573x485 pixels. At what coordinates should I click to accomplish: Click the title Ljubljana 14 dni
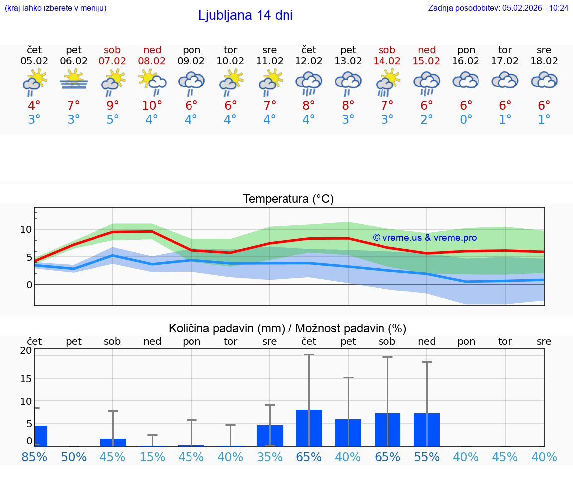(245, 15)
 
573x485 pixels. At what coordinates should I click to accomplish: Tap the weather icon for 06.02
(74, 80)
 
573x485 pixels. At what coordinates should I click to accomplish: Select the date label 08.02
(152, 61)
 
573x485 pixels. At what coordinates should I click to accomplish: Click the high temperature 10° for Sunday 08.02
(152, 106)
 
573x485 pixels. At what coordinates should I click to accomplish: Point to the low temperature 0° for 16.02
(466, 120)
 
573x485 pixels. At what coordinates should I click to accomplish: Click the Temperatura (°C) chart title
(288, 199)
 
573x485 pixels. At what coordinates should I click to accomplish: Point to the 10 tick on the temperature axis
(26, 229)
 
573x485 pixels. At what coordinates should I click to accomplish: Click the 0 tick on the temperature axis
(29, 285)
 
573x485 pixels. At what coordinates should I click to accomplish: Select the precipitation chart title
(287, 328)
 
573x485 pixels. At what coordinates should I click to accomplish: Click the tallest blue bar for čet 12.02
(309, 428)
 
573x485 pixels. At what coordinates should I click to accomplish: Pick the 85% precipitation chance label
(34, 457)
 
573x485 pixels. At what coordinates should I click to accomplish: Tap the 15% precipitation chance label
(152, 457)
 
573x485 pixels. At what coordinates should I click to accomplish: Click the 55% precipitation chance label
(426, 457)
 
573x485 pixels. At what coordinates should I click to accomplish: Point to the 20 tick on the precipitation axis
(26, 350)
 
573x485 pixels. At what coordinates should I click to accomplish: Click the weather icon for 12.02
(309, 83)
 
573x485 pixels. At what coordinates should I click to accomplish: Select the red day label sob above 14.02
(386, 50)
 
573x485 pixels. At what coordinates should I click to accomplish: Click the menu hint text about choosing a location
(56, 8)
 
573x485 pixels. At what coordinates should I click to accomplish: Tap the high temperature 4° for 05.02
(34, 106)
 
